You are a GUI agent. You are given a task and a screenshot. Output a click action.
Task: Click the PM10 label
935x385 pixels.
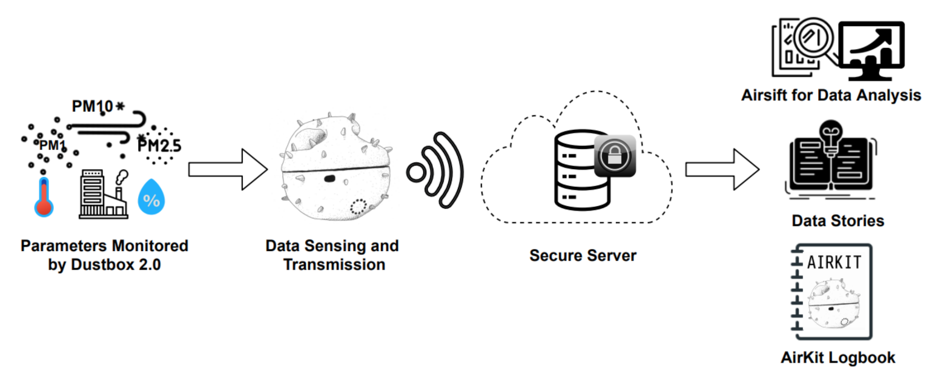[x=93, y=107]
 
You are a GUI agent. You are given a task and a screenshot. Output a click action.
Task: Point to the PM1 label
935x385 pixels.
[x=52, y=146]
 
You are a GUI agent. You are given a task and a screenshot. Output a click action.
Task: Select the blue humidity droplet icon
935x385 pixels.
[x=151, y=196]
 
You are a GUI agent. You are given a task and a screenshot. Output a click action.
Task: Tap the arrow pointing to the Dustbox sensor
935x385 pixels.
[x=227, y=169]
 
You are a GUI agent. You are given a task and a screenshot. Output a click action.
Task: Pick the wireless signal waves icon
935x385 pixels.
[x=435, y=172]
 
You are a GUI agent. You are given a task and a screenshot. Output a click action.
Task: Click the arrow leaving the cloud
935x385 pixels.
[x=721, y=169]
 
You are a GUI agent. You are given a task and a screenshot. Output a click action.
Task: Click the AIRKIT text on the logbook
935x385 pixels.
[x=834, y=263]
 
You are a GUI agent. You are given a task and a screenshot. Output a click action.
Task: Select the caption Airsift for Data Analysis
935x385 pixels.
[x=831, y=95]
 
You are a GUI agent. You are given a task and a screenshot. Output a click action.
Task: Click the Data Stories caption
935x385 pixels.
[x=838, y=221]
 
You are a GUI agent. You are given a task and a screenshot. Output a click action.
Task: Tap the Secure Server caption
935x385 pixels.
[x=583, y=255]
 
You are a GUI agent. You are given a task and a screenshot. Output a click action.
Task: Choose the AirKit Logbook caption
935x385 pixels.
[x=838, y=358]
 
